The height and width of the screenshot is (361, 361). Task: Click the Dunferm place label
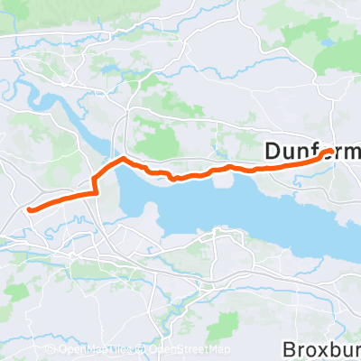(x=312, y=153)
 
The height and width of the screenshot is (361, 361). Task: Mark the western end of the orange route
(x=31, y=209)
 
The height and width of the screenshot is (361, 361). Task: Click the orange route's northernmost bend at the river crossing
(x=121, y=160)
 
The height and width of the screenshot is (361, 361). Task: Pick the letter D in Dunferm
(x=273, y=153)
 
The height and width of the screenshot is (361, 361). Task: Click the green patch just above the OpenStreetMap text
(x=185, y=329)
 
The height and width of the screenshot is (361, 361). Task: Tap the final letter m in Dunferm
(x=352, y=153)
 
